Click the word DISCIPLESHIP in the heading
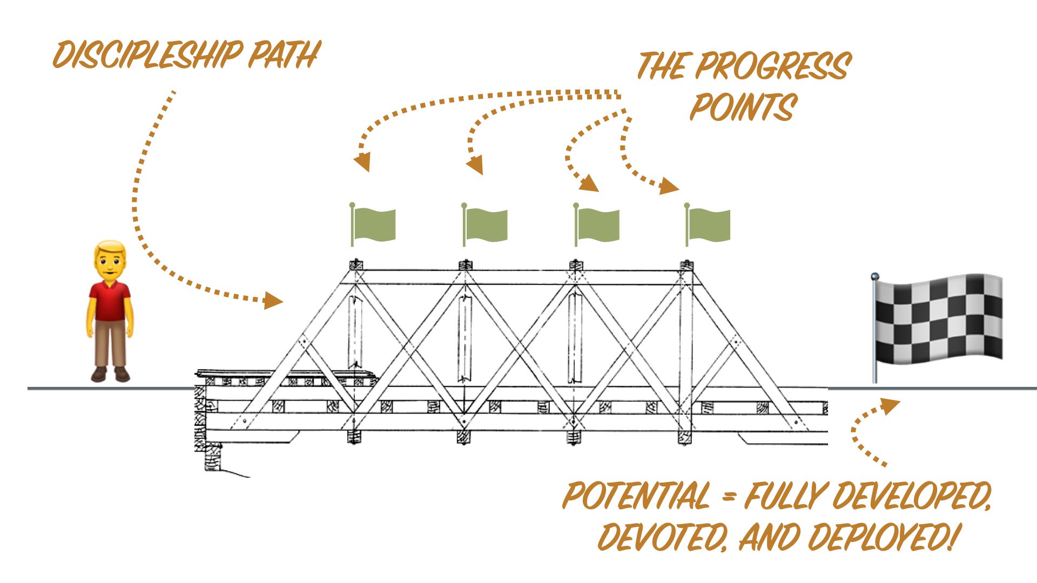147,55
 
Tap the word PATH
285,55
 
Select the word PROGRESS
772,66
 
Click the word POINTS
743,107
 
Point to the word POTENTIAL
636,496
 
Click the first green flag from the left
374,224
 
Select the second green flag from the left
486,225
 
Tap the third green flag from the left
598,225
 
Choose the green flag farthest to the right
709,225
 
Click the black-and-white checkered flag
939,318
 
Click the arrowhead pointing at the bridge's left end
273,300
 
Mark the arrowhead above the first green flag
362,161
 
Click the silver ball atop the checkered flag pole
875,277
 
